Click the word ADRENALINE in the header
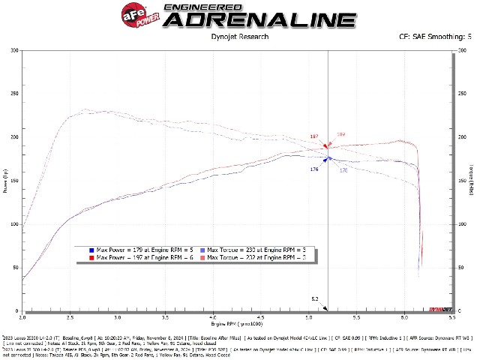coord(259,19)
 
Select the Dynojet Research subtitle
coord(240,35)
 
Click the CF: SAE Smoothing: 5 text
coord(436,35)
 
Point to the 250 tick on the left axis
coord(15,94)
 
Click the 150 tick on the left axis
coord(15,181)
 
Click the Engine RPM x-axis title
coord(238,324)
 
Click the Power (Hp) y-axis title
coord(6,180)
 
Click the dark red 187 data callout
coord(314,136)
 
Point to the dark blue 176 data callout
coord(314,169)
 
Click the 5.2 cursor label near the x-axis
coord(316,298)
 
